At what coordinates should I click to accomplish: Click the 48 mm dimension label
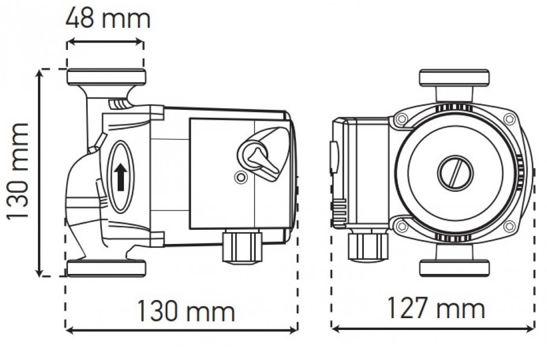108,19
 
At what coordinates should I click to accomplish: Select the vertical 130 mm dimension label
17,171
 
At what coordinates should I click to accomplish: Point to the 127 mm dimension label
436,307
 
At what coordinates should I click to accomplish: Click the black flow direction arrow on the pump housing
120,178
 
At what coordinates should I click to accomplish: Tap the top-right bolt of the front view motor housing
510,119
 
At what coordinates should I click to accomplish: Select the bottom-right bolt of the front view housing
510,226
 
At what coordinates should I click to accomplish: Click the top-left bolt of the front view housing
402,119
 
